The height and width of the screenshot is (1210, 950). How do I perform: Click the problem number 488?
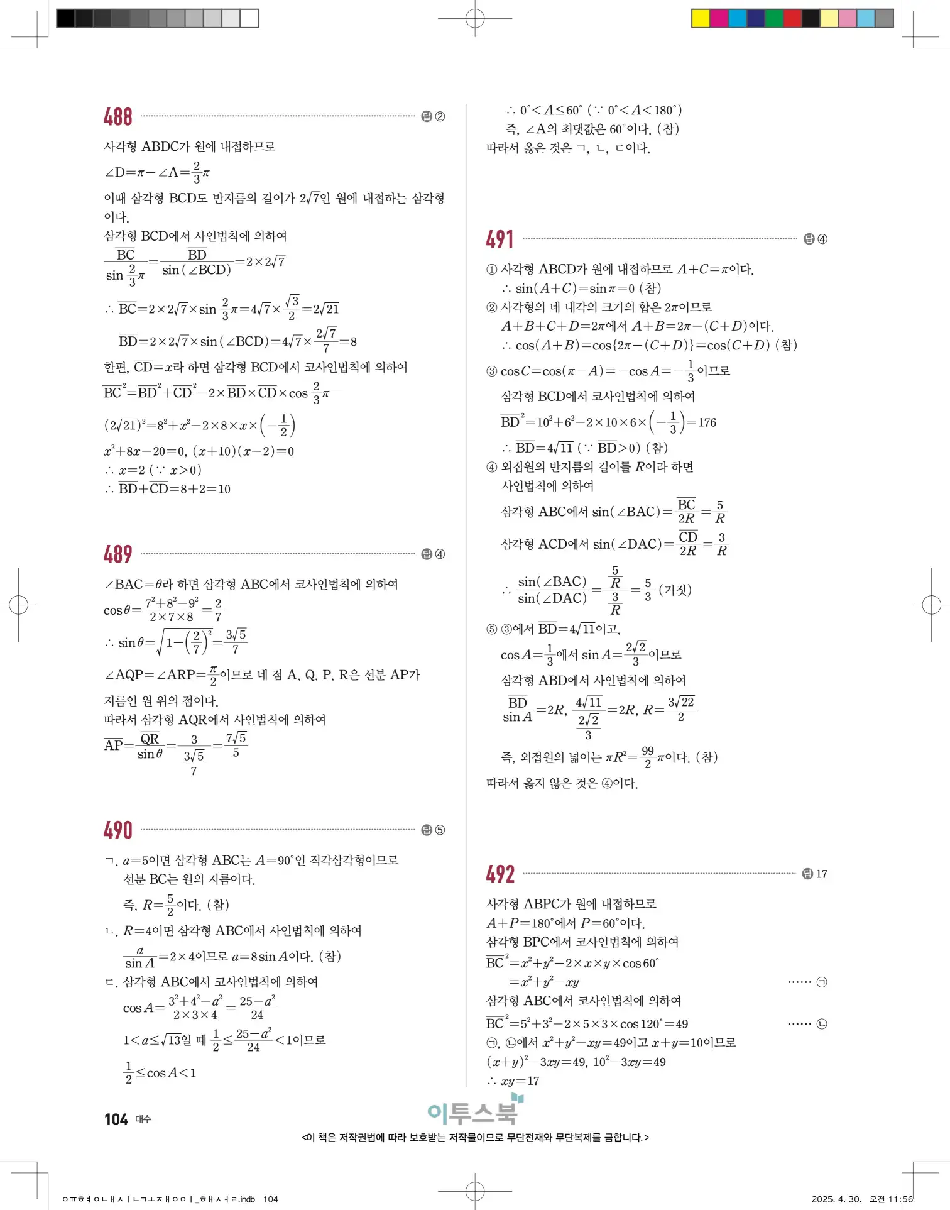117,117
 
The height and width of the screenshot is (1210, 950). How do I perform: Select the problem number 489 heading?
117,554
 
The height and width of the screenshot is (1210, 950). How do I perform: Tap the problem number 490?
117,830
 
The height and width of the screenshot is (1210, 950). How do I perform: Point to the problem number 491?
500,239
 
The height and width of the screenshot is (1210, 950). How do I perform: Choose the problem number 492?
500,874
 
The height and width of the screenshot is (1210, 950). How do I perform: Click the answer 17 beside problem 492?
821,874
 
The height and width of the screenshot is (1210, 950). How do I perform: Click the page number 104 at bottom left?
116,1119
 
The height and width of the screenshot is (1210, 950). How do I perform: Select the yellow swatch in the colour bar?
700,18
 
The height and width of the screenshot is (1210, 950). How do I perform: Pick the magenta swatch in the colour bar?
719,18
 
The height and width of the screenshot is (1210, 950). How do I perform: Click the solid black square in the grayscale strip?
65,18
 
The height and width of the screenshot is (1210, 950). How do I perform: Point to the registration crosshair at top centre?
475,19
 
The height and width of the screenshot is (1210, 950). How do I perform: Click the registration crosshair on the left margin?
18,605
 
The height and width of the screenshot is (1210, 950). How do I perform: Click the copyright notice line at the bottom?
475,1138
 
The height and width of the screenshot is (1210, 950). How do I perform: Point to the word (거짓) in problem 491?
675,590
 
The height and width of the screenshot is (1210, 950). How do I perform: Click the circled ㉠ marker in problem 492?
822,982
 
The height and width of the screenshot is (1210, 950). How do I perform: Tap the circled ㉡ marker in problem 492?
822,1024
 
